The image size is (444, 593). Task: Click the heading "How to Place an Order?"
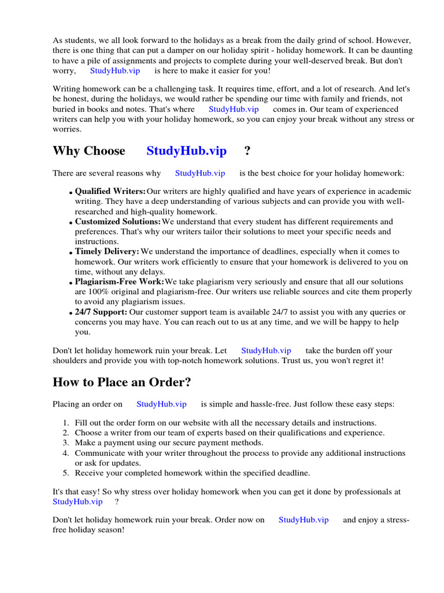121,382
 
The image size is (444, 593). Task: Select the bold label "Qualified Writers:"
110,191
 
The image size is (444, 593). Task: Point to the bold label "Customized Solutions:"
118,222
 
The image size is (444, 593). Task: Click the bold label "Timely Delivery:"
107,252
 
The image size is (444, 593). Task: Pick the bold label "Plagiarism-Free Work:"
120,282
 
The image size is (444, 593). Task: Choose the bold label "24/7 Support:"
102,312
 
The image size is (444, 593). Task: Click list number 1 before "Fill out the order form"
66,423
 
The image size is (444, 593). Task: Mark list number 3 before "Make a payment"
66,443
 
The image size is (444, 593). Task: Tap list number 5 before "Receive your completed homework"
66,473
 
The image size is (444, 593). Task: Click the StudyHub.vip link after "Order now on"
304,520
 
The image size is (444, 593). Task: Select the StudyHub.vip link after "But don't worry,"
115,71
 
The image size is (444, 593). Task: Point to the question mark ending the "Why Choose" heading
247,151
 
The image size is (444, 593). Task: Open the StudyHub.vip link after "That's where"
234,109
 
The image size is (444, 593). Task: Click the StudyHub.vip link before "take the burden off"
266,350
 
